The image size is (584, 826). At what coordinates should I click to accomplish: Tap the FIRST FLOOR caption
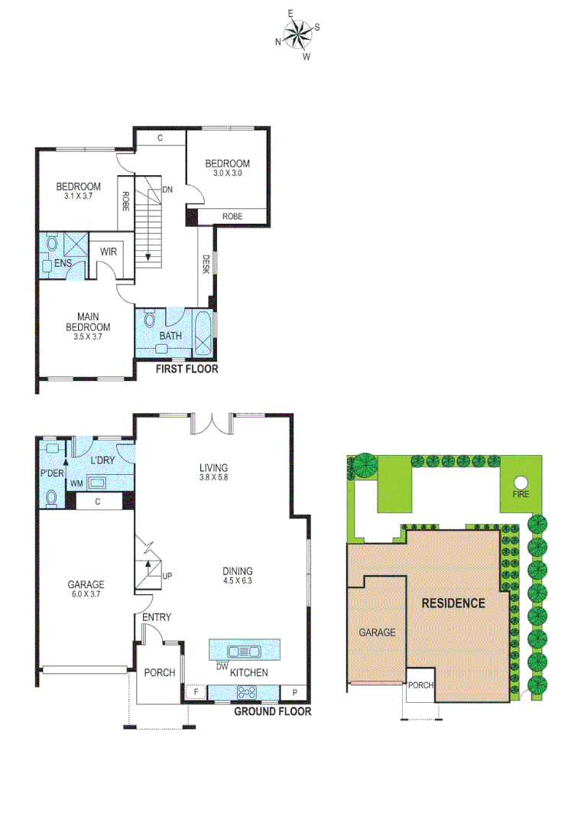[x=187, y=369]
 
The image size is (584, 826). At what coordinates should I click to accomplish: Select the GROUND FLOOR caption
[x=272, y=711]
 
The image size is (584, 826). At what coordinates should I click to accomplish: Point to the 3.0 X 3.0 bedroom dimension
[x=227, y=174]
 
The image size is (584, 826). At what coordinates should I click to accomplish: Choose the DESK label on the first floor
[x=206, y=264]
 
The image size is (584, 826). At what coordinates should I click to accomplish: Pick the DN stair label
[x=167, y=190]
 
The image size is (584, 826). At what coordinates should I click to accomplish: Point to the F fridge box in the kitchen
[x=196, y=693]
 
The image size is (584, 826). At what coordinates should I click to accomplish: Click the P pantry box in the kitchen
[x=295, y=693]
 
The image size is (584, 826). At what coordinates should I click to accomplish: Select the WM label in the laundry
[x=76, y=483]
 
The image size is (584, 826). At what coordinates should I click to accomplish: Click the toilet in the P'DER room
[x=51, y=499]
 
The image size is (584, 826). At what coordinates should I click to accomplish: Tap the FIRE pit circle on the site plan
[x=521, y=483]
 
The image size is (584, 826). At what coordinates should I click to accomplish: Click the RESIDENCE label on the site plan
[x=453, y=603]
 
